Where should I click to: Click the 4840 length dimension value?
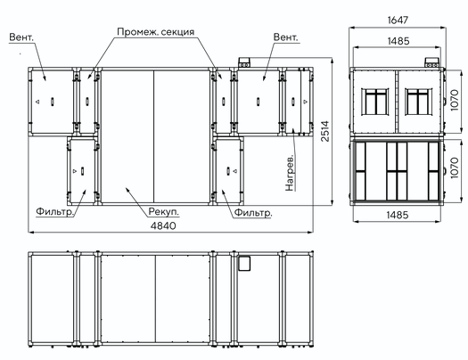[x=163, y=225]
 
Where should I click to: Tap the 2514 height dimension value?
[x=325, y=131]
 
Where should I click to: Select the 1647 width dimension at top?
[x=398, y=20]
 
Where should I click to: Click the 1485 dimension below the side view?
[x=397, y=215]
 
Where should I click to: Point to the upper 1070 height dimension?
[x=454, y=100]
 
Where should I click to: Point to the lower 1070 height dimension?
[x=454, y=168]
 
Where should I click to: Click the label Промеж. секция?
[x=155, y=31]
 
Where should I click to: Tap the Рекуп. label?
[x=164, y=212]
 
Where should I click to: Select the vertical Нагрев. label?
[x=290, y=173]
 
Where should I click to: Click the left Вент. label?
[x=21, y=37]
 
